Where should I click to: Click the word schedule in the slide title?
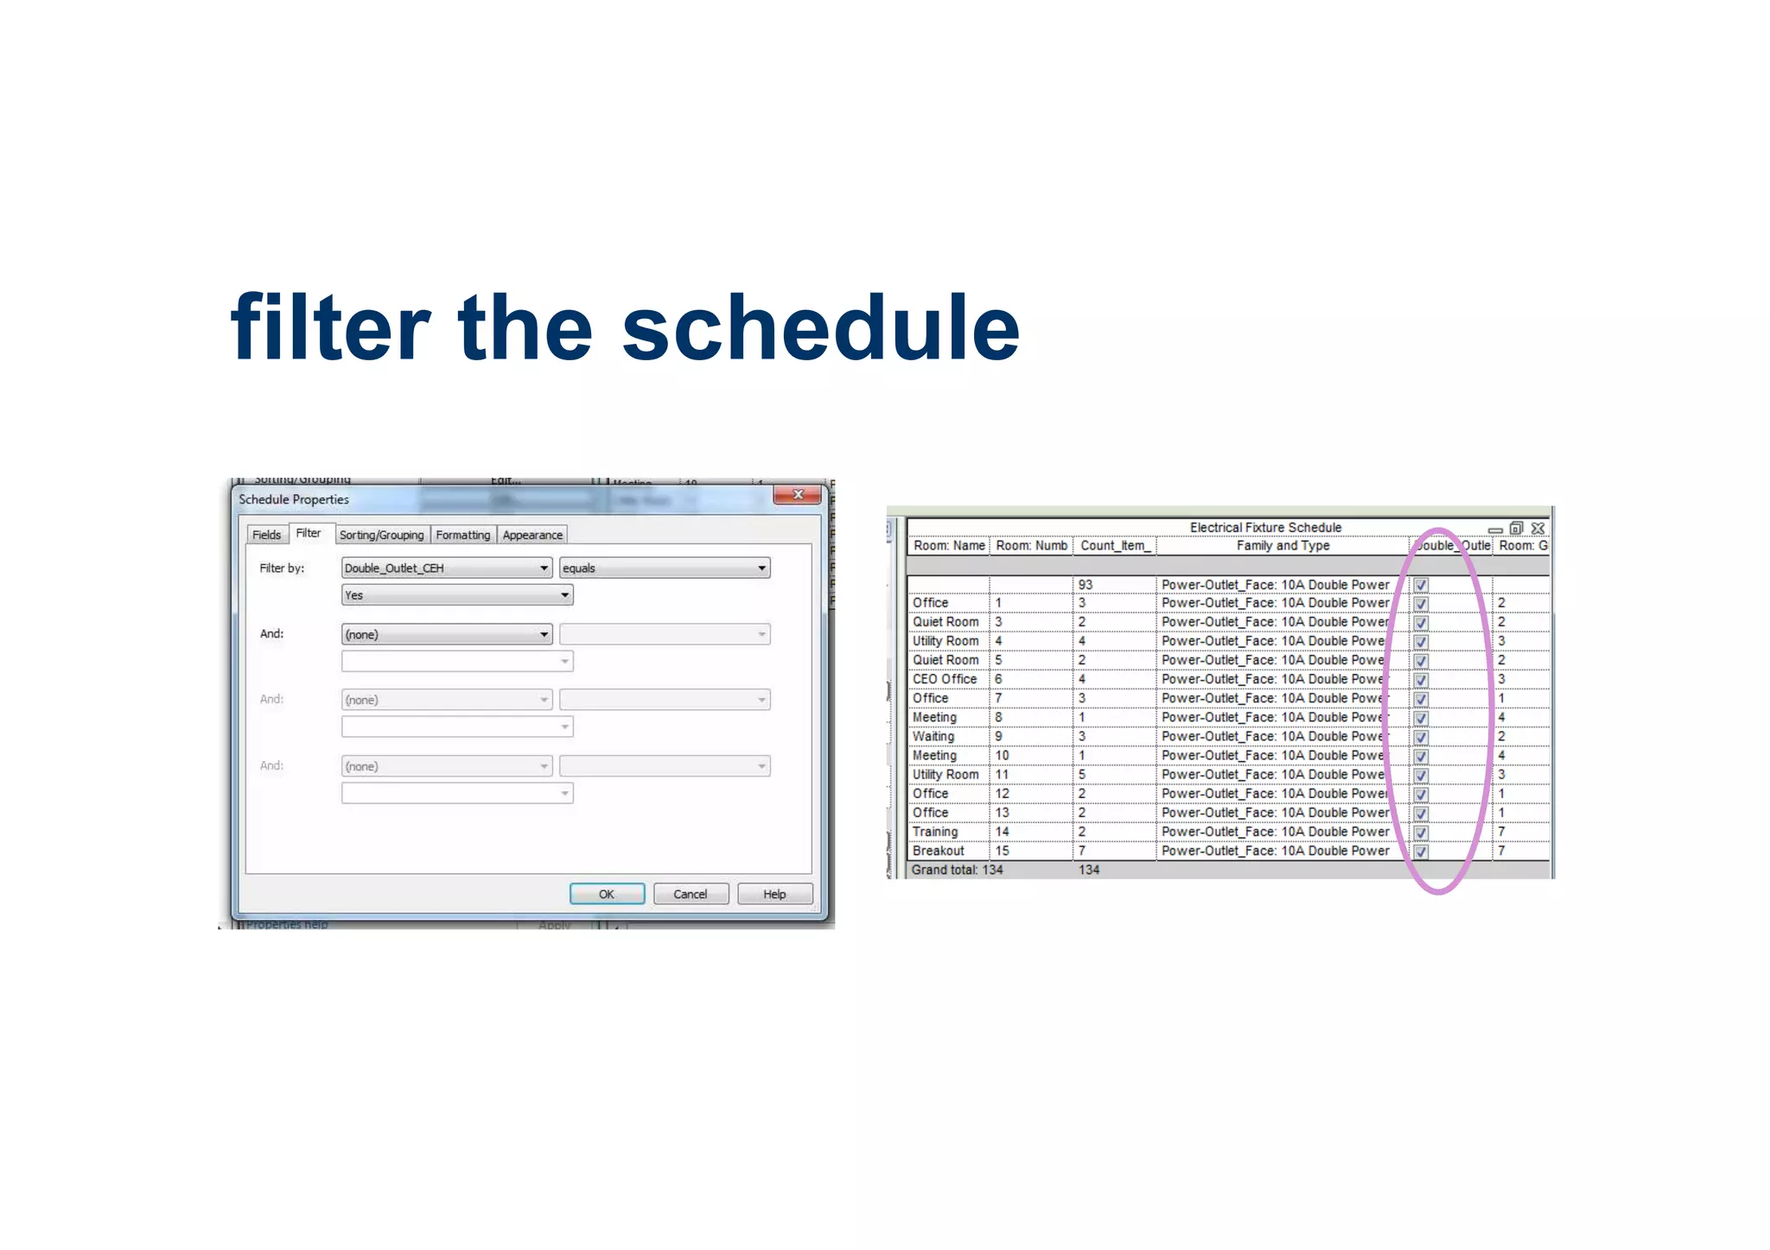click(820, 328)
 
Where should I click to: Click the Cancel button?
click(691, 894)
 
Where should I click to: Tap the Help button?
click(774, 894)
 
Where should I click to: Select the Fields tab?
click(266, 535)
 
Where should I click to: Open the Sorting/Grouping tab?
click(381, 535)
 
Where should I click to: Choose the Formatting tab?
click(462, 535)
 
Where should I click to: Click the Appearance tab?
click(532, 535)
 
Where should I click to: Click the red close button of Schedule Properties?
click(797, 495)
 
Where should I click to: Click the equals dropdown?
click(664, 568)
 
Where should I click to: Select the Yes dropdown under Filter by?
click(456, 595)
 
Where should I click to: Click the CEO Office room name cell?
click(944, 679)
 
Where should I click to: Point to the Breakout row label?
click(938, 851)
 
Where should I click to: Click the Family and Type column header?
click(1283, 545)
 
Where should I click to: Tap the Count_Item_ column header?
click(1114, 545)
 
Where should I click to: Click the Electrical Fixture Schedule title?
click(1265, 527)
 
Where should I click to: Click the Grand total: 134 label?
click(957, 870)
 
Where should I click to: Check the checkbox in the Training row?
click(1421, 832)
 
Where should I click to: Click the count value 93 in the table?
click(1086, 585)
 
